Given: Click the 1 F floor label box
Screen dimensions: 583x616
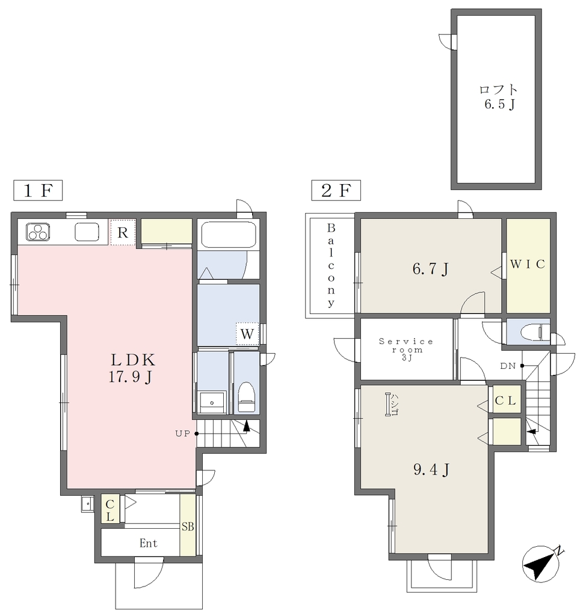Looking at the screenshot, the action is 38,191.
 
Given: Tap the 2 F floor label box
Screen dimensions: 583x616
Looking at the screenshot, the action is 336,191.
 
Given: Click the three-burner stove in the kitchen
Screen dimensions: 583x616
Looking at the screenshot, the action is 38,232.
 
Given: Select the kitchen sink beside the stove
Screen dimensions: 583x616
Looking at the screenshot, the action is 87,232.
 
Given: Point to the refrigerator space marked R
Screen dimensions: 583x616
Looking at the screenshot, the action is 123,233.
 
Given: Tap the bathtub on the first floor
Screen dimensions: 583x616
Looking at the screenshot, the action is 228,234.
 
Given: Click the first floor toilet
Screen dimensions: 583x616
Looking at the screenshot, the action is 246,397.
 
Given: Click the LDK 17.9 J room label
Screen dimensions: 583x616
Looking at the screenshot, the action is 131,368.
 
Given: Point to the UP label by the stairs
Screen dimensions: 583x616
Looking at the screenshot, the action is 183,434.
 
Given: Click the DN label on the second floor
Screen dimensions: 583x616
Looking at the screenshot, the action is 508,366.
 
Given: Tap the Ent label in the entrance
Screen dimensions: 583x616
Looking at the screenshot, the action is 149,543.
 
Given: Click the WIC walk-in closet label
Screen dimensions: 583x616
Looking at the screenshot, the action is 528,264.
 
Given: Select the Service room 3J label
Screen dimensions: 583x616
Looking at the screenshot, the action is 406,350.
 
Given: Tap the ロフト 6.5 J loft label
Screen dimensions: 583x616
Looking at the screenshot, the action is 499,97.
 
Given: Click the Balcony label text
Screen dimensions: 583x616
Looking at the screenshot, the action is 331,265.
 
